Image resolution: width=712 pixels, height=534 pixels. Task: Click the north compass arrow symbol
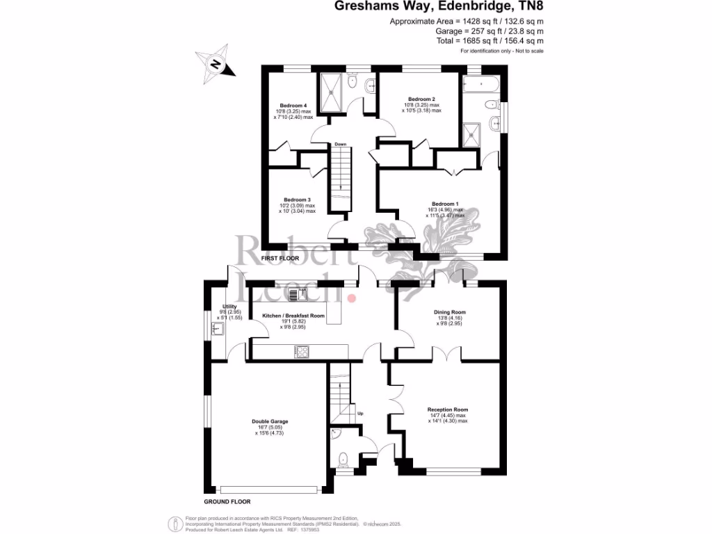point(217,64)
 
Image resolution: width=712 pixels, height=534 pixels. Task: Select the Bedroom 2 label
point(421,99)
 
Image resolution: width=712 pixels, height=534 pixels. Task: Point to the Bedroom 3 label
point(297,200)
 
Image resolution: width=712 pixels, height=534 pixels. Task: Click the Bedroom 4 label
point(293,106)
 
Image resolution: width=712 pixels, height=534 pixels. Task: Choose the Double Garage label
point(270,421)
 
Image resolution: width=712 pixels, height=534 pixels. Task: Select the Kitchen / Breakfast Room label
point(293,316)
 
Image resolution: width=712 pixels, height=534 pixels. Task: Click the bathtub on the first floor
point(481,86)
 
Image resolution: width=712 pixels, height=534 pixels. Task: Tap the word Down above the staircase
point(340,144)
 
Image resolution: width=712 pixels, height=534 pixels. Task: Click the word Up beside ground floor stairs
point(359,414)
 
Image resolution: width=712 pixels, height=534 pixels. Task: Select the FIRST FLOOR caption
point(280,259)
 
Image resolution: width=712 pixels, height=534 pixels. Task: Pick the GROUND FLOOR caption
point(227,501)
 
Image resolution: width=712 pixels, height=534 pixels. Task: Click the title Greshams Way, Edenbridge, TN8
point(439,7)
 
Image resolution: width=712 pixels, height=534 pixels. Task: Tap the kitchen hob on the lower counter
point(301,353)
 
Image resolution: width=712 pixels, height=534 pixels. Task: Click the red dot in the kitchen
point(351,298)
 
